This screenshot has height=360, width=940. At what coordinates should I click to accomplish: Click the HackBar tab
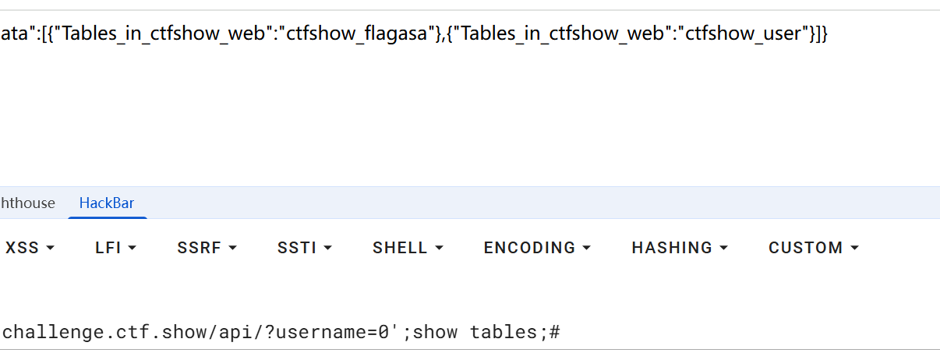(107, 203)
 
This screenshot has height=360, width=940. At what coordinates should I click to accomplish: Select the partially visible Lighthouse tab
(28, 203)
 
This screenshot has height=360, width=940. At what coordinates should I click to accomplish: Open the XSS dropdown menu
(30, 248)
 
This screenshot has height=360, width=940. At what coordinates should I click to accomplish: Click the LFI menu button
(115, 248)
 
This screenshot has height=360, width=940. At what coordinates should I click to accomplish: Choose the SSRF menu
(207, 248)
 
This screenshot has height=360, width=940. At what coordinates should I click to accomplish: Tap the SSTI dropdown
(305, 248)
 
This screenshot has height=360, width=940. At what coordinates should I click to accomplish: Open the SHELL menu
(408, 248)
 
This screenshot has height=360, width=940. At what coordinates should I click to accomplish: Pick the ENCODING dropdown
(537, 248)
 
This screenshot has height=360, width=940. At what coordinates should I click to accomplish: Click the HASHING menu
(680, 248)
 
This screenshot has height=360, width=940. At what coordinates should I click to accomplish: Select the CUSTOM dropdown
(814, 248)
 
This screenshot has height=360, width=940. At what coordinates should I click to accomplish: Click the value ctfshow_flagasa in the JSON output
(356, 34)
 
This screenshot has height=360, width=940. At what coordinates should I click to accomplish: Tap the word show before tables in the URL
(435, 332)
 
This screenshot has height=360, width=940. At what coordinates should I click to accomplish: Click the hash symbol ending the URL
(554, 332)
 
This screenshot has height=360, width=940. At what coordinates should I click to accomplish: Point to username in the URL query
(321, 332)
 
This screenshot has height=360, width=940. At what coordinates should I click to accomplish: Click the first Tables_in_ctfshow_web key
(163, 34)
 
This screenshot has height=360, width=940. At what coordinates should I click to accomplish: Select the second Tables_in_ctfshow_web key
(562, 34)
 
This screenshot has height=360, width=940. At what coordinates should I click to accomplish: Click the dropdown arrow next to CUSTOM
(854, 248)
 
